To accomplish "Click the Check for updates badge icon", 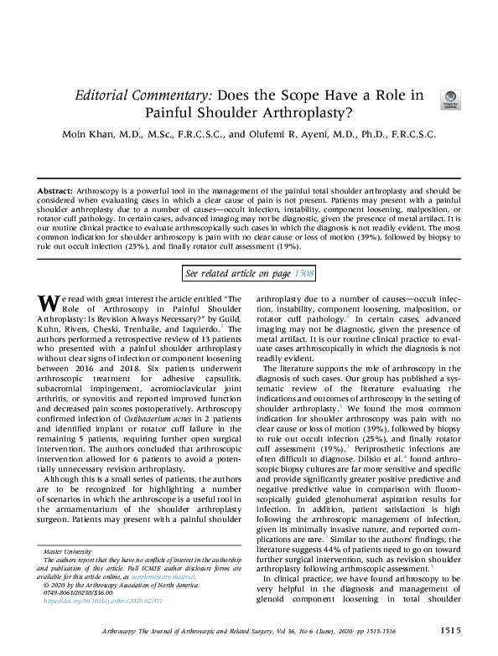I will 450,98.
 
